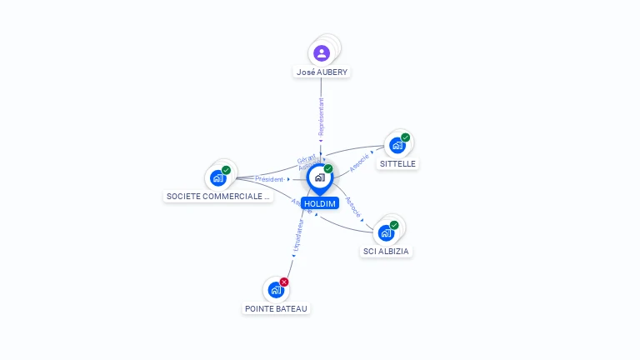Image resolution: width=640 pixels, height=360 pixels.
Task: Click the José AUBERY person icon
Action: pyautogui.click(x=322, y=53)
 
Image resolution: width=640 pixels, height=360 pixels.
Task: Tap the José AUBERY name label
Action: pyautogui.click(x=322, y=72)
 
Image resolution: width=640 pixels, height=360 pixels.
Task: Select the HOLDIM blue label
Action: pyautogui.click(x=320, y=203)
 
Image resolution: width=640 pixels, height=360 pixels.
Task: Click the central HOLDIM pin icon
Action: pyautogui.click(x=319, y=177)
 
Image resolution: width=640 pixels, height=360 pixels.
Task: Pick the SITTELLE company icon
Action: pyautogui.click(x=397, y=145)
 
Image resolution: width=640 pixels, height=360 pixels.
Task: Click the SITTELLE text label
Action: pyautogui.click(x=397, y=163)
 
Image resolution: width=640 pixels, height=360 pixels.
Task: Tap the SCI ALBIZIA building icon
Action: pyautogui.click(x=386, y=232)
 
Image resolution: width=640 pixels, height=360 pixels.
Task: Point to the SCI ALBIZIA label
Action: pyautogui.click(x=387, y=251)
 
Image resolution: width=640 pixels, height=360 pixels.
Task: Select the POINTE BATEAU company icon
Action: pyautogui.click(x=276, y=290)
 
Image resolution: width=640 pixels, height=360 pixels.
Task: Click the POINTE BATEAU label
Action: pyautogui.click(x=276, y=308)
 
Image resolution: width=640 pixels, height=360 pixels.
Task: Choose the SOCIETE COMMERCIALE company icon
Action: pyautogui.click(x=218, y=177)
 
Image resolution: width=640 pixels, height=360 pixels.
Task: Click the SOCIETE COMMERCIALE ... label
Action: pyautogui.click(x=218, y=197)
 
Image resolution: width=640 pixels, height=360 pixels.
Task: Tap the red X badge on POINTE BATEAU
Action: pyautogui.click(x=284, y=282)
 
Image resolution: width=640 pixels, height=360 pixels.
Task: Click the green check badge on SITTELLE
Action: pyautogui.click(x=405, y=137)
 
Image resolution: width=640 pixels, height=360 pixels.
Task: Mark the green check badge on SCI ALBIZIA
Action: pyautogui.click(x=394, y=225)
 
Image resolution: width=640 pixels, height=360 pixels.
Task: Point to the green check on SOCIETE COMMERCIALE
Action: pyautogui.click(x=226, y=170)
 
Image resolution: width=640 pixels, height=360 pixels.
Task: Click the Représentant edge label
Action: pyautogui.click(x=321, y=116)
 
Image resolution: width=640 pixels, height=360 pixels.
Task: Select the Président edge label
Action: pyautogui.click(x=269, y=178)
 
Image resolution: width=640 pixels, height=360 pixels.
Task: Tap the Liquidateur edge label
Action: pyautogui.click(x=297, y=237)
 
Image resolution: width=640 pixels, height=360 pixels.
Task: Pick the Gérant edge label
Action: pyautogui.click(x=306, y=158)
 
